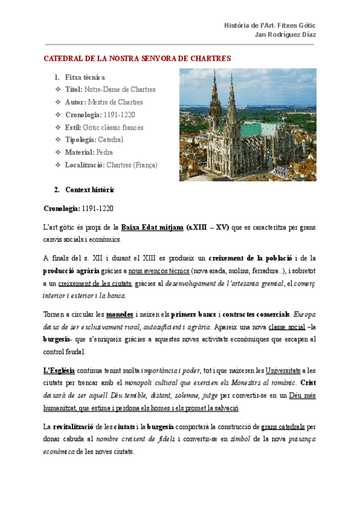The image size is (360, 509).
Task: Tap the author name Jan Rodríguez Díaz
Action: tap(286, 35)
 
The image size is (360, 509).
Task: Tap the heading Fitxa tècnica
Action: tap(85, 77)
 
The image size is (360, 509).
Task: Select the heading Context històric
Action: tap(90, 190)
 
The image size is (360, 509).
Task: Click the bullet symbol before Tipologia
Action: tap(58, 140)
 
